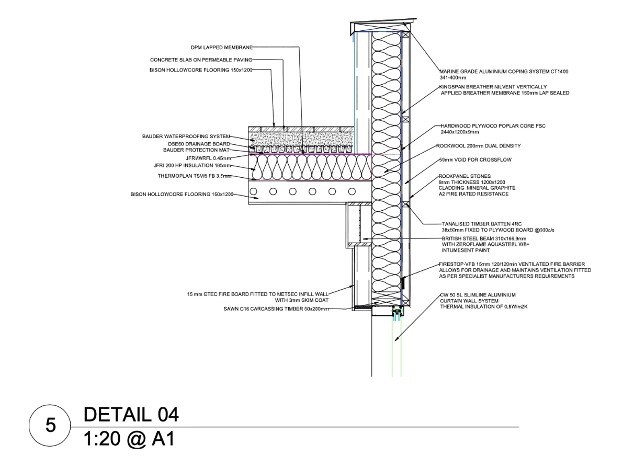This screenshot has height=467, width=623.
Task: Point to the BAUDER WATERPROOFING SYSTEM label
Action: coord(186,136)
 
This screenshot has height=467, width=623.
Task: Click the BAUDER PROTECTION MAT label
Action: coord(198,150)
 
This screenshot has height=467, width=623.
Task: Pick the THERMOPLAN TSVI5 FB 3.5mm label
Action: coord(195,176)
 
